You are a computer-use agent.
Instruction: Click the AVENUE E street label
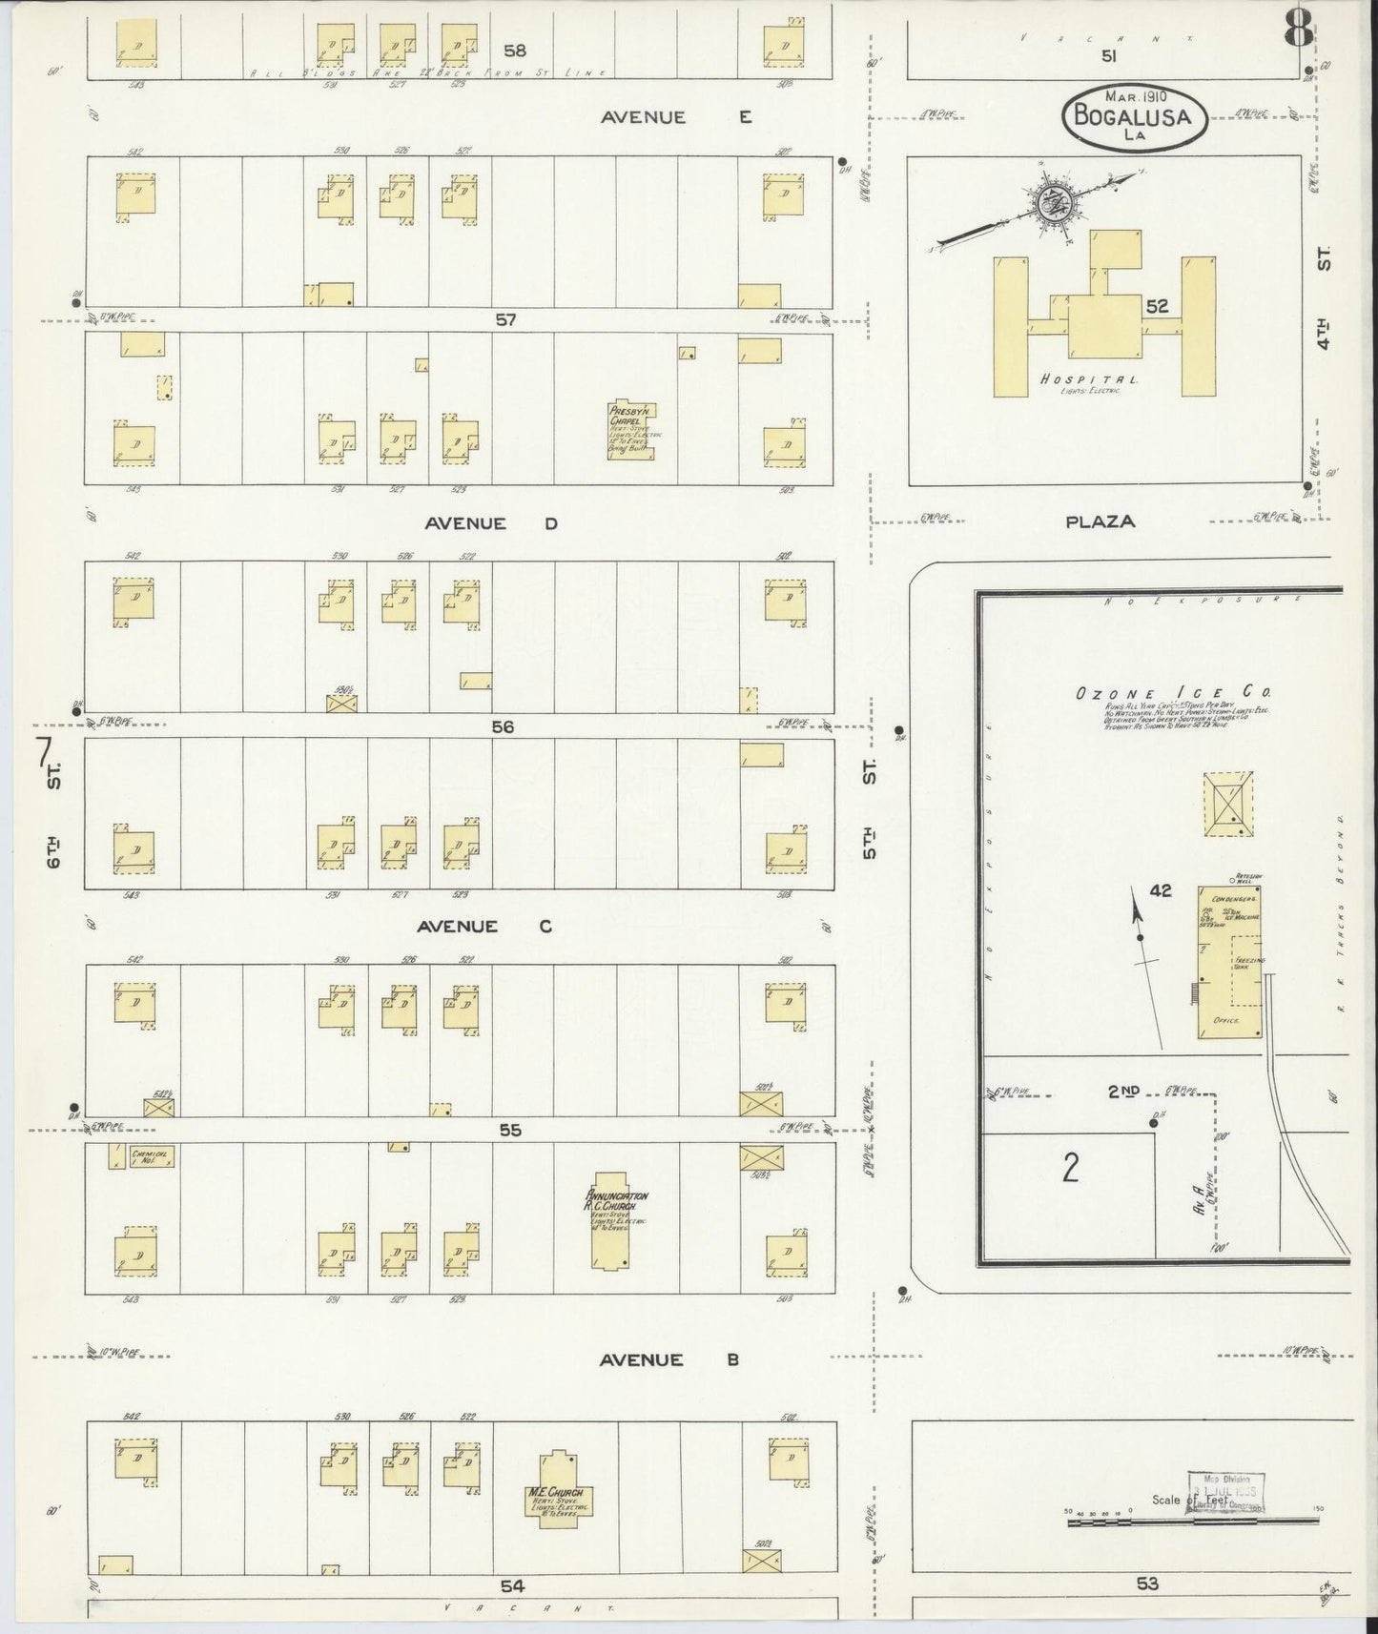[x=676, y=117]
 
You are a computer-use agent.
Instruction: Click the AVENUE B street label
[x=668, y=1360]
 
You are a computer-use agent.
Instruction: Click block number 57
[x=505, y=319]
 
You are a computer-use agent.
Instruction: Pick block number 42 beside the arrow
[x=1160, y=890]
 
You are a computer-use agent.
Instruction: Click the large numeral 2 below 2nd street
[x=1070, y=1166]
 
